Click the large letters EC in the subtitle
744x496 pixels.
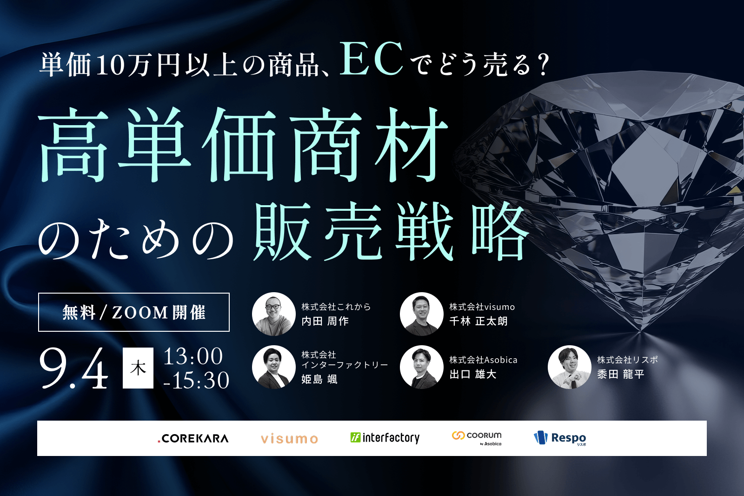(x=371, y=59)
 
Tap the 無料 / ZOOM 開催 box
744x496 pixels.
(x=134, y=312)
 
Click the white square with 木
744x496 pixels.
(x=138, y=368)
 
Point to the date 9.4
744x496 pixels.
(x=74, y=369)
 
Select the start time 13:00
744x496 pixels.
(x=193, y=356)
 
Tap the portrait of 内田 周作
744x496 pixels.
(x=273, y=314)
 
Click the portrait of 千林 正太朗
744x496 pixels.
(x=421, y=314)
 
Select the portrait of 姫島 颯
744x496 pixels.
(x=273, y=367)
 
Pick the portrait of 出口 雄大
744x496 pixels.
(x=421, y=367)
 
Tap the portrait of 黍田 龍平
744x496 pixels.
(x=569, y=367)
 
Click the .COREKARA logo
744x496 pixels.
(x=193, y=438)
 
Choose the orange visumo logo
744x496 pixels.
(x=289, y=439)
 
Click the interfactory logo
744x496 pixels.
(x=385, y=438)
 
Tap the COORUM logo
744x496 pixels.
(x=477, y=437)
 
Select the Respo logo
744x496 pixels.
(x=560, y=438)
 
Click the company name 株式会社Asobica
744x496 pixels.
(x=483, y=360)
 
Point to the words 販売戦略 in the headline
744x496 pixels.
(x=391, y=232)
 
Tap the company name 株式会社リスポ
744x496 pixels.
(x=627, y=360)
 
